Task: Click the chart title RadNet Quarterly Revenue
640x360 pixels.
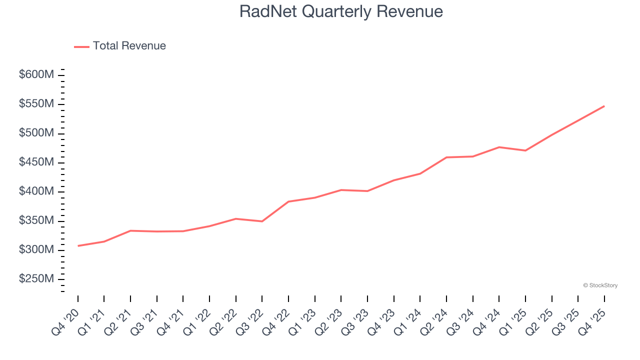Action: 341,11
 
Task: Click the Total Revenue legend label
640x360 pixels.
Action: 129,46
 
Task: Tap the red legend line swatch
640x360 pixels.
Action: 81,46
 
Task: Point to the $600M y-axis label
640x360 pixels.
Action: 36,75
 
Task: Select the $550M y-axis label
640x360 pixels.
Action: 36,104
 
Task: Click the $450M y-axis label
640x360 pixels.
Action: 36,162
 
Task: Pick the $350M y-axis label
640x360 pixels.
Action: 36,221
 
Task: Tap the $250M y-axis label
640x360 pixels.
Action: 36,279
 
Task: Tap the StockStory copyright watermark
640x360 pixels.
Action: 600,285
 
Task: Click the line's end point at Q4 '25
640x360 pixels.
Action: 604,106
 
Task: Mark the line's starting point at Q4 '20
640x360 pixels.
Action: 78,246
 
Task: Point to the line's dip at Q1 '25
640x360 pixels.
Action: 525,150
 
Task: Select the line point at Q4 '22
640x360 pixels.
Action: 288,201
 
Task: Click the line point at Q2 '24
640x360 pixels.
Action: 446,157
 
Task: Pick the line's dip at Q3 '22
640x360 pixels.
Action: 262,221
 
